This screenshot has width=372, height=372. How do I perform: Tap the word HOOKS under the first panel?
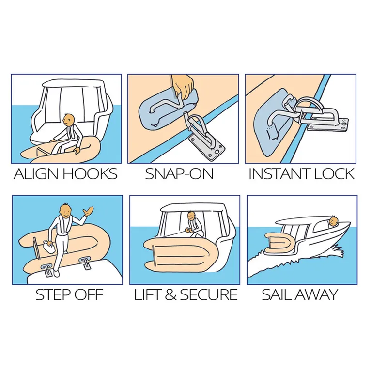[x=91, y=174]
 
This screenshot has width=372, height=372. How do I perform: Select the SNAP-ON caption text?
[x=179, y=174]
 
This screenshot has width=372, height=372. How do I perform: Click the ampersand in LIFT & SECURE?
[x=170, y=294]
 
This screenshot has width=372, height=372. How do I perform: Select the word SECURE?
[x=209, y=294]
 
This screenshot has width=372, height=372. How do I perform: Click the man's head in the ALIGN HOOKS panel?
[x=69, y=121]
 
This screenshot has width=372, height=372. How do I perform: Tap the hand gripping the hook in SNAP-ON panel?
[x=182, y=87]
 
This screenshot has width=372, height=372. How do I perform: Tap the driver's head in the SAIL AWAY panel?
[x=334, y=221]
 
